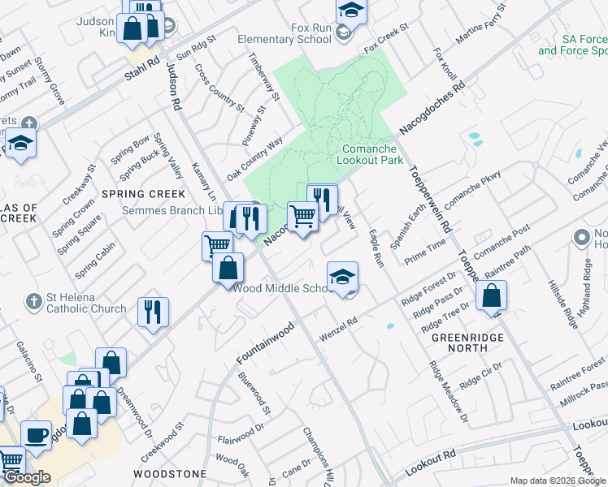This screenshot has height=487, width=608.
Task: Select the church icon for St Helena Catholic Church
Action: (33, 302)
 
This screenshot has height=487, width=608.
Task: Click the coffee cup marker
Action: (36, 434)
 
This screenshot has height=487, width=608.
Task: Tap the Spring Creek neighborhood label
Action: (143, 194)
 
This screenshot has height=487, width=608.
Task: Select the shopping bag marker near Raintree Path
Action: (492, 296)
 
